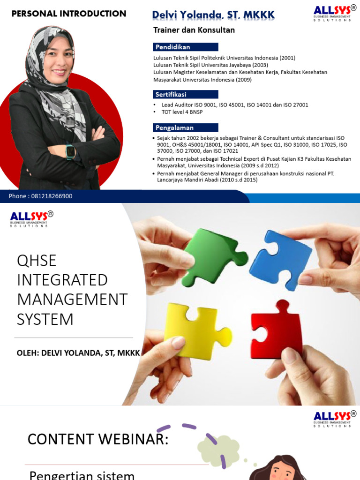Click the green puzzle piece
click(x=211, y=255)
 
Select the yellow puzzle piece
click(x=193, y=330)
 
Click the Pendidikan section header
click(x=185, y=47)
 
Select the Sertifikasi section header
click(x=185, y=94)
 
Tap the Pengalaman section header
click(x=185, y=127)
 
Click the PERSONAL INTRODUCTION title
click(x=68, y=14)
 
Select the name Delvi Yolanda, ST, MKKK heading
click(x=213, y=15)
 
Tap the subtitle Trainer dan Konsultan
click(x=194, y=30)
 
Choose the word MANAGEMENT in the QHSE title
click(x=72, y=300)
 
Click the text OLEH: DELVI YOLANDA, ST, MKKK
click(x=78, y=352)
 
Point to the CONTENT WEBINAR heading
click(x=97, y=439)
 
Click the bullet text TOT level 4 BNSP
click(x=183, y=112)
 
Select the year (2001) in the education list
click(x=287, y=58)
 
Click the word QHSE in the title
click(x=37, y=260)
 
